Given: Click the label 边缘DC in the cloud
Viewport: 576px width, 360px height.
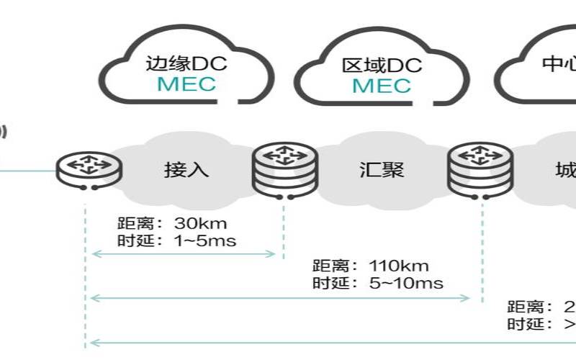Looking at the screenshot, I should pyautogui.click(x=186, y=63).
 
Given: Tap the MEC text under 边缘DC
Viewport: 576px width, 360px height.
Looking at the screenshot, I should pyautogui.click(x=186, y=84).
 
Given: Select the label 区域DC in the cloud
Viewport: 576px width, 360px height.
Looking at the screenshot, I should pyautogui.click(x=382, y=66).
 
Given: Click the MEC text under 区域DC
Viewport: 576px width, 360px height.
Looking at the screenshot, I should pyautogui.click(x=382, y=86).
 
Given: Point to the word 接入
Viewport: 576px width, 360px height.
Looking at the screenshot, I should pyautogui.click(x=186, y=170).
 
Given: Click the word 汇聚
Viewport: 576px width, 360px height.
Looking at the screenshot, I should pyautogui.click(x=382, y=170).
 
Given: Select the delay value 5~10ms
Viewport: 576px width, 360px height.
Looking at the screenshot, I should pyautogui.click(x=405, y=282).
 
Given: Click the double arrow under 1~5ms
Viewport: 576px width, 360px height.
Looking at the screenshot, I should pyautogui.click(x=184, y=253).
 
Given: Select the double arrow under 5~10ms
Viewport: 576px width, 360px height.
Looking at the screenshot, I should pyautogui.click(x=281, y=297).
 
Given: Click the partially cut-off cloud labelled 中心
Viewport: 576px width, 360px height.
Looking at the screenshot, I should pyautogui.click(x=540, y=65).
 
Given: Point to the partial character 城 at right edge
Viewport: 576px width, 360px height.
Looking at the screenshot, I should pyautogui.click(x=565, y=171).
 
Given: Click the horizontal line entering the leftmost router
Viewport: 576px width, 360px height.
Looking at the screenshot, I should pyautogui.click(x=29, y=171).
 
